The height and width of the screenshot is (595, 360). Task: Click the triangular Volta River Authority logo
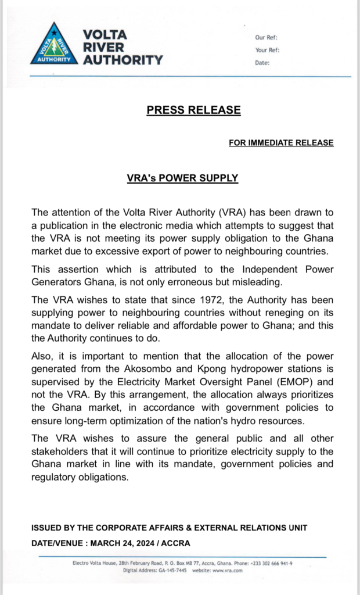coord(53,46)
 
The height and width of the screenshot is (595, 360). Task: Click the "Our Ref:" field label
coord(267,38)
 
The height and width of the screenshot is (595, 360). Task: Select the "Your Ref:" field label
coord(268,50)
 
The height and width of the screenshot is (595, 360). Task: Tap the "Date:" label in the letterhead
coord(262,63)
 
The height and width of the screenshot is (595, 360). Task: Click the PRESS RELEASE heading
coord(193,110)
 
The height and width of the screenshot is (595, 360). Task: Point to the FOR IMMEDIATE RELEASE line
coord(281,143)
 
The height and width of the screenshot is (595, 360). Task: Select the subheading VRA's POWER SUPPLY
coord(182,178)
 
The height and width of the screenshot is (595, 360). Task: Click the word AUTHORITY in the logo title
coord(123,59)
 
